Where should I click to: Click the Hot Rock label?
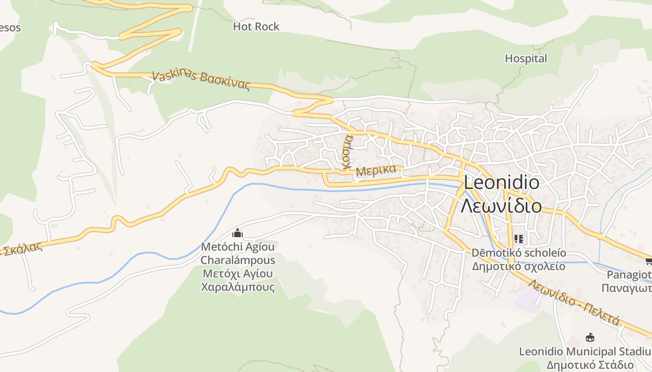pos(256,27)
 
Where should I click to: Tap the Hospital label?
pos(526,59)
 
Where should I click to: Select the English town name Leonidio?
pos(502,183)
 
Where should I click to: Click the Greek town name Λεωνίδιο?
pos(501,205)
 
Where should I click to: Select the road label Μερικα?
pos(375,171)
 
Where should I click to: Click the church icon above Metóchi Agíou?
pos(238,232)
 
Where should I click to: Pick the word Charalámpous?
pos(238,260)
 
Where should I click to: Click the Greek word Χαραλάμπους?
pos(238,287)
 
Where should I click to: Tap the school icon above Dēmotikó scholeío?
pos(519,239)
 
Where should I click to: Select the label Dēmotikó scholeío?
pos(519,253)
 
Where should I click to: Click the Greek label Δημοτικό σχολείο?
pos(519,266)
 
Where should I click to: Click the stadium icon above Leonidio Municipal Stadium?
pos(590,337)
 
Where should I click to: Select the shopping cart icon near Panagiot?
pos(648,261)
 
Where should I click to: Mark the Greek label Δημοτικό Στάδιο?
pos(590,365)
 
